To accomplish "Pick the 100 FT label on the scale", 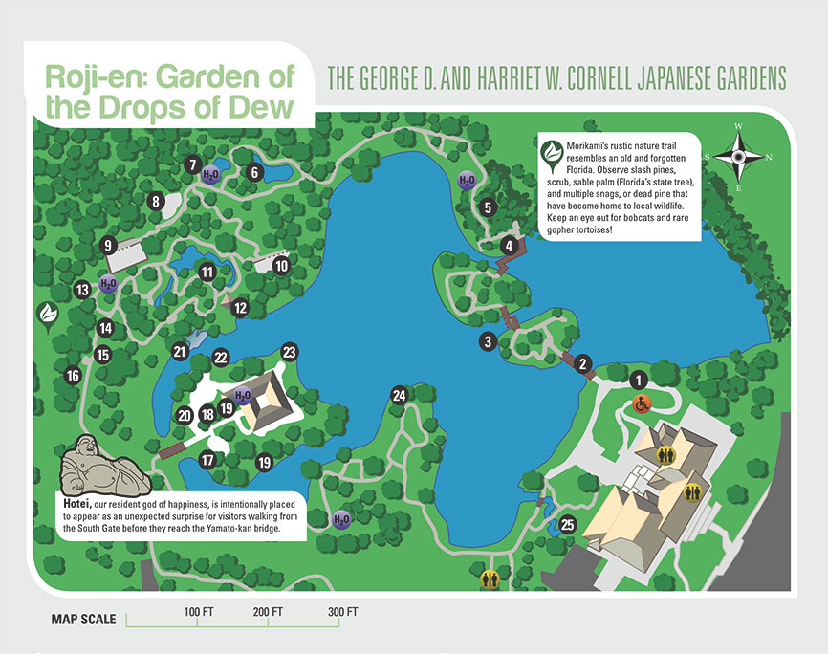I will (x=198, y=611).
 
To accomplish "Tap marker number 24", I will (x=399, y=395).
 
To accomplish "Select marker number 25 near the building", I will (x=567, y=524).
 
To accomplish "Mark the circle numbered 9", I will (x=109, y=244).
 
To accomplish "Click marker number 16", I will (x=73, y=376).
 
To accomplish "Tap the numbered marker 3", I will (x=489, y=341).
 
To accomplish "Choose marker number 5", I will (x=488, y=207).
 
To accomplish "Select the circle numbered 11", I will (x=206, y=272).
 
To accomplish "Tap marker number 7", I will (x=192, y=163).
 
